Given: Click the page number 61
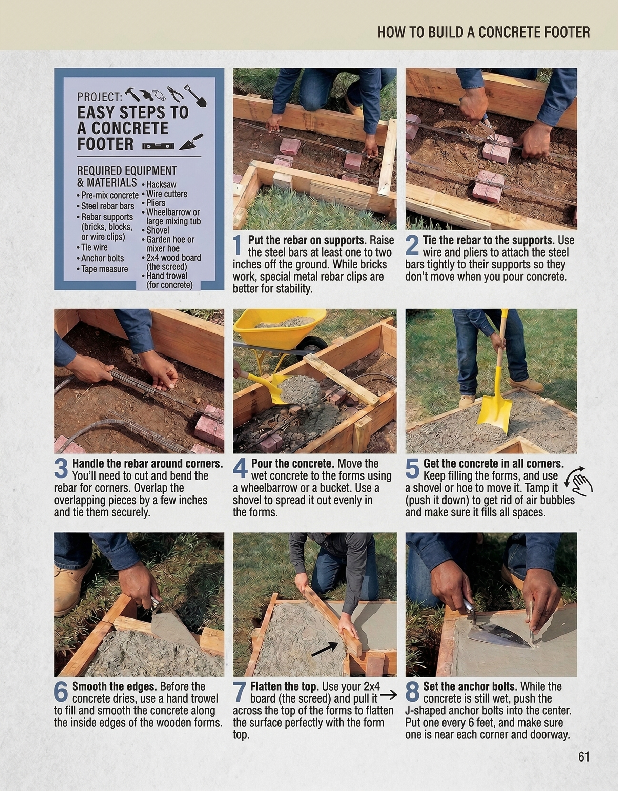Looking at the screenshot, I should coord(583,756).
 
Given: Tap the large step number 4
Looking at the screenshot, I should coord(240,469).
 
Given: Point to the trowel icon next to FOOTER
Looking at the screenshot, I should coord(191,142).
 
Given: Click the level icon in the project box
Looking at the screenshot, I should coord(158,146).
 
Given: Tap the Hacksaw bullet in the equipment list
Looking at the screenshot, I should coord(161,184).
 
